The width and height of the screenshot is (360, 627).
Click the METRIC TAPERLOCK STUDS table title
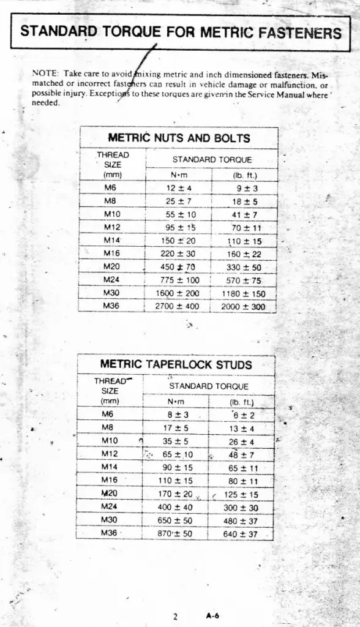(x=176, y=365)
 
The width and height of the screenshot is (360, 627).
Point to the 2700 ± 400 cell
(x=176, y=305)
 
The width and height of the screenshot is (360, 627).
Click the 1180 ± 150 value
(x=243, y=293)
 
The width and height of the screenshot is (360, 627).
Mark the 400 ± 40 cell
(x=176, y=508)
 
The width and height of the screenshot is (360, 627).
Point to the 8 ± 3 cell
(x=176, y=415)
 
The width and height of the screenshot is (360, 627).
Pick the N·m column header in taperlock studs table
(x=176, y=402)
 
